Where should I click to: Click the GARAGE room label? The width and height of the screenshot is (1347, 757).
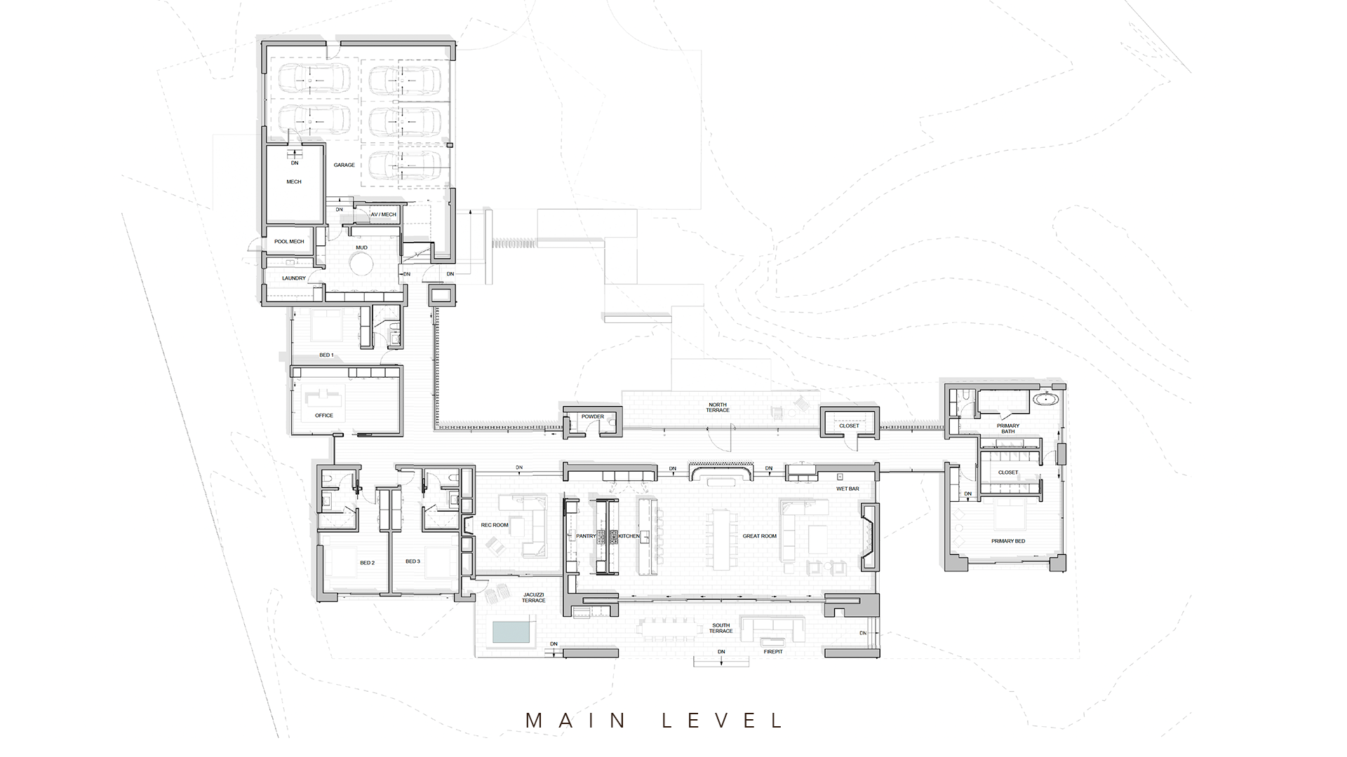click(x=344, y=165)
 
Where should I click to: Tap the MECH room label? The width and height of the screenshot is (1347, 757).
click(x=294, y=182)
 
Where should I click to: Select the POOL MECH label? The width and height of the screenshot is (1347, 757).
click(x=289, y=242)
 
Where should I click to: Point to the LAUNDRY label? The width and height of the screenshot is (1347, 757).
click(x=294, y=278)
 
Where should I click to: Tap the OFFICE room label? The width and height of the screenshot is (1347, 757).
click(x=324, y=416)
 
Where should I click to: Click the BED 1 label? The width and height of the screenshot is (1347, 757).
click(x=326, y=355)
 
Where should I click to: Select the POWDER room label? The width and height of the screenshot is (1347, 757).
click(x=593, y=417)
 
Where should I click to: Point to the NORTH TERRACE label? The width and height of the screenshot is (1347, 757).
click(x=718, y=407)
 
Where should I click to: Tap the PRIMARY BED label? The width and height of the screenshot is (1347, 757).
click(x=1008, y=542)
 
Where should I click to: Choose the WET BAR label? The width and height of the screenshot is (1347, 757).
click(x=847, y=489)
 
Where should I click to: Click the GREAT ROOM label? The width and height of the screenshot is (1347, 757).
click(x=760, y=536)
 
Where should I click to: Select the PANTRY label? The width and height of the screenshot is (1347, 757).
click(x=586, y=536)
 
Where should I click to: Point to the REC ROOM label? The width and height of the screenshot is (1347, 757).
click(x=495, y=525)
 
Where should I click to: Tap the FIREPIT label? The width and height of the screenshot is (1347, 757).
click(x=773, y=652)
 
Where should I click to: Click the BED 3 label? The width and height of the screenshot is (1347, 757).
click(x=413, y=561)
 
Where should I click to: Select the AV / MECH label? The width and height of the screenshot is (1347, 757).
click(x=384, y=214)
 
